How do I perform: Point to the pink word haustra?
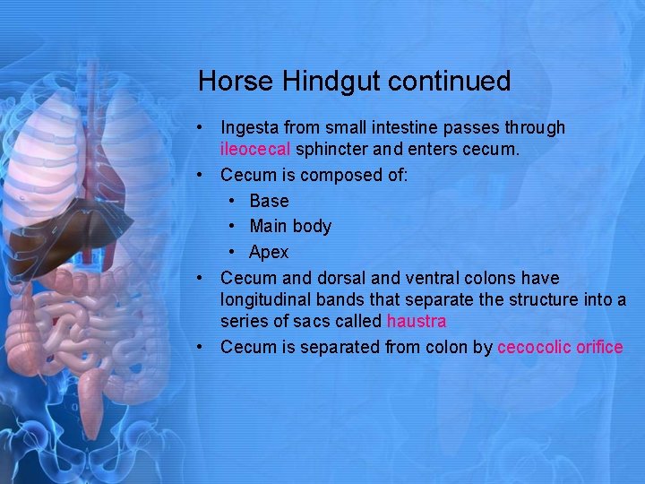[416, 321]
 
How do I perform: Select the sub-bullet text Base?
[269, 201]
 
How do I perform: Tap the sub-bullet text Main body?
[290, 227]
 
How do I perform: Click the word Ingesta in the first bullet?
[251, 128]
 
